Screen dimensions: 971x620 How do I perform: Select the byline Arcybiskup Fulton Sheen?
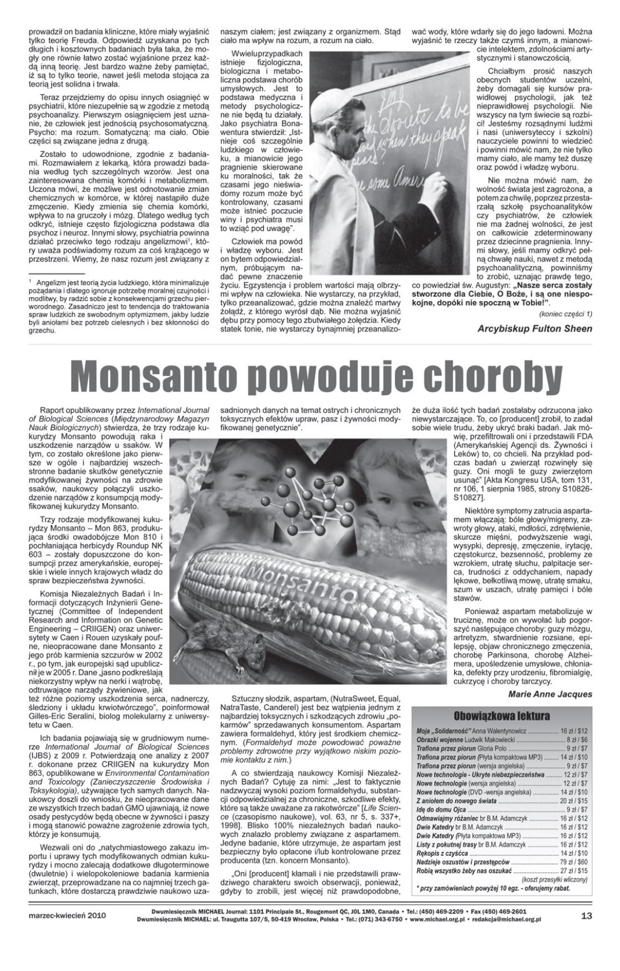(535, 328)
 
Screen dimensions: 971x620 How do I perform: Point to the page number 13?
(586, 916)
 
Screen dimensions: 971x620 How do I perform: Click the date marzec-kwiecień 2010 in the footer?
(67, 916)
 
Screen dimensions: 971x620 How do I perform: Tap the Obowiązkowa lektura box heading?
(501, 716)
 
